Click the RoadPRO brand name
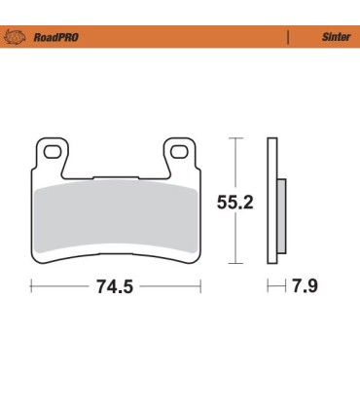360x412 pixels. (x=56, y=38)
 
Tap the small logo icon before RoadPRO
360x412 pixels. (x=17, y=38)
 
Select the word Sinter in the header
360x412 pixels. (x=336, y=38)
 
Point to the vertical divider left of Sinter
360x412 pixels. (x=289, y=38)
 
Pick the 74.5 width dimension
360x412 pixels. (x=114, y=287)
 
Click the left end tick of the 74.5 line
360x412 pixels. (x=30, y=287)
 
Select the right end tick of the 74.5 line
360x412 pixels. (x=200, y=287)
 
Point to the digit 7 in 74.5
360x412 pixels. (x=100, y=287)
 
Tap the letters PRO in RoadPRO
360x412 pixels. (x=68, y=38)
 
